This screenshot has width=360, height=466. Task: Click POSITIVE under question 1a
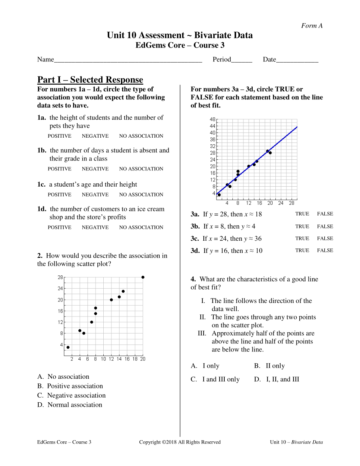[x=60, y=136]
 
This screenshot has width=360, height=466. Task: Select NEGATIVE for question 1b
[x=95, y=169]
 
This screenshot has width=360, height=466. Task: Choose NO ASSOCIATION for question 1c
[x=141, y=195]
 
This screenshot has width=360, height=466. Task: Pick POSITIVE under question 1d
[x=60, y=227]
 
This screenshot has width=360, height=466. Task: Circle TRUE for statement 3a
[x=302, y=214]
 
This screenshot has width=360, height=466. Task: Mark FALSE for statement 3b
[x=325, y=226]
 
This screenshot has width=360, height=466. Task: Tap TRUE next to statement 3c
[x=302, y=239]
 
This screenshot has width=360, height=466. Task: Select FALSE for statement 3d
[x=325, y=250]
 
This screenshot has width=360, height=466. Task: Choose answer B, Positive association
[x=70, y=386]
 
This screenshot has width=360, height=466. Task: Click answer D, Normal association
[x=70, y=405]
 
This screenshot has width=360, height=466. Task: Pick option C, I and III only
[x=215, y=379]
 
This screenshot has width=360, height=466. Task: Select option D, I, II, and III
[x=277, y=379]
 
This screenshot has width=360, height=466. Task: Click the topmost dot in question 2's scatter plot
[x=143, y=277]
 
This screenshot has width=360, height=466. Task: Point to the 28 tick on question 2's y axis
[x=60, y=278]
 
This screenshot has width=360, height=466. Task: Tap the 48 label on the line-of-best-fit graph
[x=213, y=120]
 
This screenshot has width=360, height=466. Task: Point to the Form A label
[x=312, y=26]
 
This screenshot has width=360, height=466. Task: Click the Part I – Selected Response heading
[x=90, y=80]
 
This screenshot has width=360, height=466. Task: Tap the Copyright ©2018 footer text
[x=180, y=442]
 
